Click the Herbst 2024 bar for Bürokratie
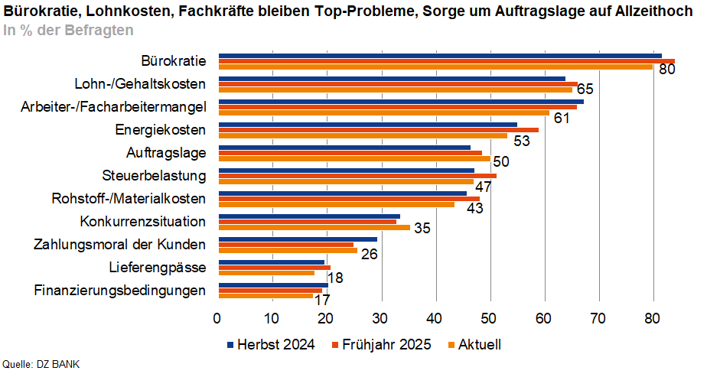coord(440,55)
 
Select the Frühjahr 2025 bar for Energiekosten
coord(379,130)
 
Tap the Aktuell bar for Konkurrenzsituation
coord(314,227)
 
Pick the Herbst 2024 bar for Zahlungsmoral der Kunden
coord(298,239)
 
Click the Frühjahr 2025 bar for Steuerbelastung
coord(357,176)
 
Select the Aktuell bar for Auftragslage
coord(354,158)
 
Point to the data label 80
coord(667,70)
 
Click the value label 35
coord(422,229)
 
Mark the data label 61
coord(562,117)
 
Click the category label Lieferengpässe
coord(157,268)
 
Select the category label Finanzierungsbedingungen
coord(120,291)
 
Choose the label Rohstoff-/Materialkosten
coord(129,199)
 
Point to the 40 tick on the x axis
coord(435,318)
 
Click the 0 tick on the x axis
coord(218,318)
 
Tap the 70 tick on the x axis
coord(598,318)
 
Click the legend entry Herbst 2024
coord(272,345)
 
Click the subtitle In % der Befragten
coord(68,31)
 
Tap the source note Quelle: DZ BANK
coord(41,364)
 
